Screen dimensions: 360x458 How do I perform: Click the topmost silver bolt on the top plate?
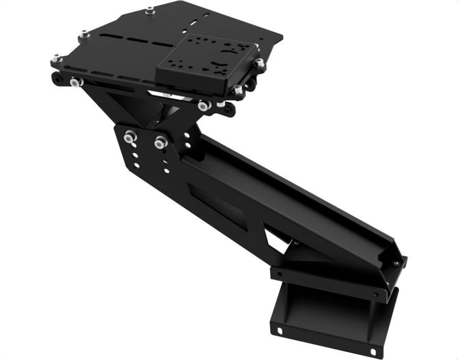pos(150,10)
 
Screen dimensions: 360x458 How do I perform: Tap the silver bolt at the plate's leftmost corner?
pos(56,58)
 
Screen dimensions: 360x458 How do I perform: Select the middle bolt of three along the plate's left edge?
pos(84,34)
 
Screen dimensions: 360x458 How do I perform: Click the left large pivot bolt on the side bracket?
pos(130,137)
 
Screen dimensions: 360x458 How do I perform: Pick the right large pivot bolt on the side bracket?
pos(161,143)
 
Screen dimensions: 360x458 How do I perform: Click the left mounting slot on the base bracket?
pos(279,331)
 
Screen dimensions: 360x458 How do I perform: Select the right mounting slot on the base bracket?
pos(374,352)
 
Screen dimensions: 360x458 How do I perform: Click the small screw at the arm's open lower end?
pos(395,263)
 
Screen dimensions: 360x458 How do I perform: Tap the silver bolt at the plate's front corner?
pos(238,90)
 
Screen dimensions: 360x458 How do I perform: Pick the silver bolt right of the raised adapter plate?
pos(260,63)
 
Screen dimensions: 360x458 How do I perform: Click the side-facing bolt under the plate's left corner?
pos(76,81)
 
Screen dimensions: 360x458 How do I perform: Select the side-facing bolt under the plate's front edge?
pos(204,105)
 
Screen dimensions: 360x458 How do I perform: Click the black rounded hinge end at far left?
pos(56,79)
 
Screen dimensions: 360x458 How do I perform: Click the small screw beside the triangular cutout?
pos(295,243)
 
